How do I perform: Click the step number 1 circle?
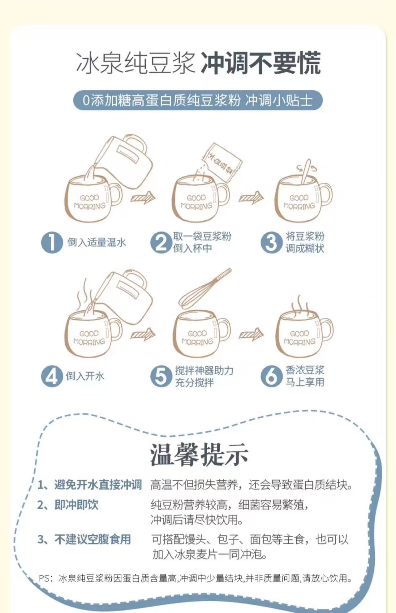52,242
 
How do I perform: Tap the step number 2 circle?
161,242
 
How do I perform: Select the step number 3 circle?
271,242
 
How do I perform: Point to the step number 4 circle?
52,376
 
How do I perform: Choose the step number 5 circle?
161,376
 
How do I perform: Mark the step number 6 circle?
271,376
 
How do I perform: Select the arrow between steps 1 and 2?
143,197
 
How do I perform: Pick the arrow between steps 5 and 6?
251,334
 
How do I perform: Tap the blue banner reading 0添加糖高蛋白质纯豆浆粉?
198,100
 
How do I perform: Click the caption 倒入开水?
85,376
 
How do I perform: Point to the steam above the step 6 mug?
299,303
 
